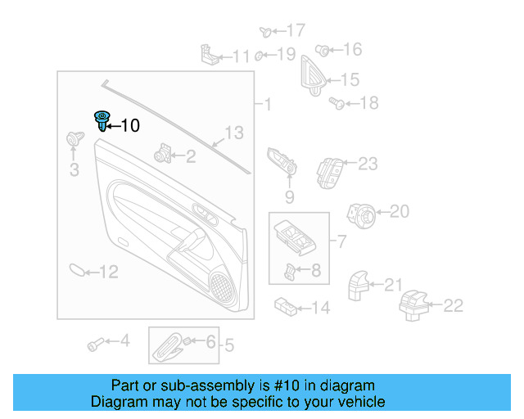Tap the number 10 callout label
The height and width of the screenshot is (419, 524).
tap(130, 125)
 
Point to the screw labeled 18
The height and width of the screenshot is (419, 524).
tap(336, 102)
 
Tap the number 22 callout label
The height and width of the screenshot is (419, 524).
tap(453, 305)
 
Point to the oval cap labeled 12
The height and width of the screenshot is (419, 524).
tap(75, 270)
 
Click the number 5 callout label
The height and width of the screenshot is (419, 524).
tap(229, 346)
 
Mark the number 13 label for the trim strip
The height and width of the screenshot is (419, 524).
tap(234, 133)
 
